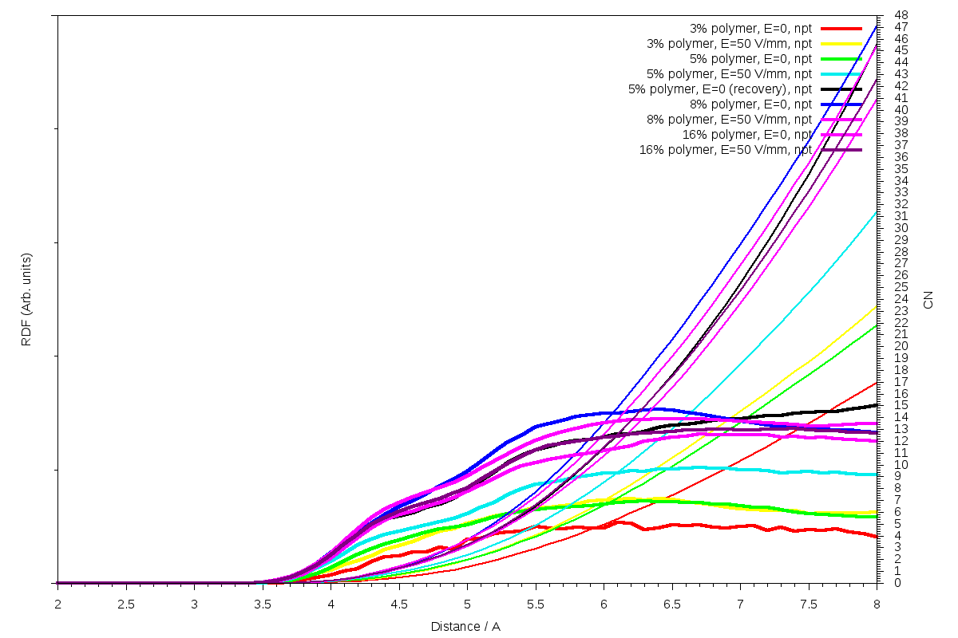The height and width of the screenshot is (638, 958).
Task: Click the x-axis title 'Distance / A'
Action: tap(465, 626)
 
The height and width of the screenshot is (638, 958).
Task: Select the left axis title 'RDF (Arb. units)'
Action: tap(26, 300)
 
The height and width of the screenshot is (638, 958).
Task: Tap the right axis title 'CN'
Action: tap(928, 300)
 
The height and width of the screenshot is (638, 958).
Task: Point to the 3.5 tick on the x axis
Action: tap(263, 604)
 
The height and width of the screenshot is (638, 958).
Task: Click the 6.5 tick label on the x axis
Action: tap(672, 604)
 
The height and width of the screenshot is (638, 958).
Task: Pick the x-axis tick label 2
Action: tap(57, 604)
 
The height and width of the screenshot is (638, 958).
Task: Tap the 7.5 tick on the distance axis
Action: tap(809, 604)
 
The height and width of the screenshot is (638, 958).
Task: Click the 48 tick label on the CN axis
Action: tap(901, 15)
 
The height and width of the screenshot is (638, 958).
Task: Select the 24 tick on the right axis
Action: tap(901, 299)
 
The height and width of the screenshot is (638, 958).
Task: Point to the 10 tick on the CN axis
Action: tap(901, 465)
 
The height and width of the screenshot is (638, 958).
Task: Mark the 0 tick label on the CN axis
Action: tap(897, 583)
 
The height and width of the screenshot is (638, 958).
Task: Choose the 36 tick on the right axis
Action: tap(901, 157)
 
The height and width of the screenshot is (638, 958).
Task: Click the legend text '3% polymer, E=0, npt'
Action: tap(750, 28)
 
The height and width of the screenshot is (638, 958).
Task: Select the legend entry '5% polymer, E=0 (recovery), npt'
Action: tap(720, 89)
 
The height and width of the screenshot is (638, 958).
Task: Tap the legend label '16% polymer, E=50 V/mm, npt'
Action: tap(726, 149)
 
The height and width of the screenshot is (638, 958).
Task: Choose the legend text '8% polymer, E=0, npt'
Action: tap(750, 104)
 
